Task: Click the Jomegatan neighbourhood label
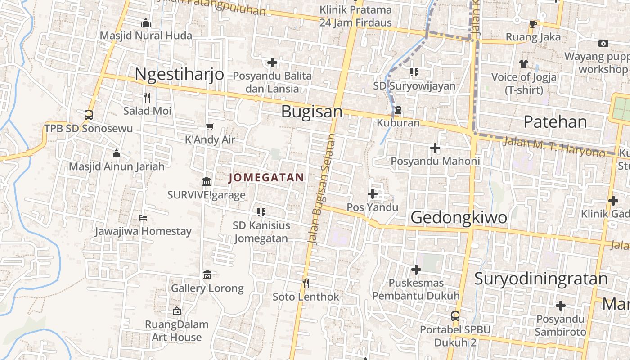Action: pos(266,178)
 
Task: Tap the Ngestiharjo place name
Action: pos(179,74)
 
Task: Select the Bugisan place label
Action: pos(312,112)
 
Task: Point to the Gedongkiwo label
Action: pos(459,217)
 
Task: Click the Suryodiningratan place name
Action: pos(541,279)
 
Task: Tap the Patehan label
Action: pos(555,122)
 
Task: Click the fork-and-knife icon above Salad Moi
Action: pos(147,97)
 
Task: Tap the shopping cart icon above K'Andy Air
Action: pos(210,126)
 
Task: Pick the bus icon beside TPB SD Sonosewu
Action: pos(89,115)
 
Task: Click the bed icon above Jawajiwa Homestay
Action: pos(143,218)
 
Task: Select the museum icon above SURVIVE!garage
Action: pos(207,181)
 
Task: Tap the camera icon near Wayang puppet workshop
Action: pos(603,43)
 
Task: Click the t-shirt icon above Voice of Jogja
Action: pos(523,63)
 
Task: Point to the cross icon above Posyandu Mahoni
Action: pos(435,148)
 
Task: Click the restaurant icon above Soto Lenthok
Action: pos(306,283)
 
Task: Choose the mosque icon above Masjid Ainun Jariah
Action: pos(117,153)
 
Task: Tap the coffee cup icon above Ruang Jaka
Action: pos(533,24)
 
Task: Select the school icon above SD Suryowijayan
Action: pos(414,72)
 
